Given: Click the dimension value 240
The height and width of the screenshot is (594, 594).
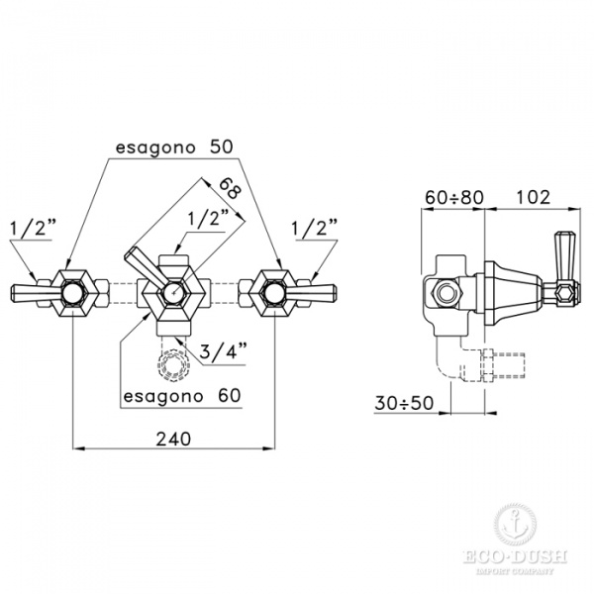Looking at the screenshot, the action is coord(173,439).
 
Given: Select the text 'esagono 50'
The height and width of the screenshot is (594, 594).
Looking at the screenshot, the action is coord(174,148).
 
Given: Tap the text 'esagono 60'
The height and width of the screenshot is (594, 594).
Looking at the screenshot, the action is coord(182,396).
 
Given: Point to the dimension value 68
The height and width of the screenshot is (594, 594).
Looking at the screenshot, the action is coord(230,188).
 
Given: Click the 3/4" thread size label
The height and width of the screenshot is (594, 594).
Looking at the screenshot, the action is coord(224,350).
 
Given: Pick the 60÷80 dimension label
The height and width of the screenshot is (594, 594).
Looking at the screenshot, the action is coord(454,197).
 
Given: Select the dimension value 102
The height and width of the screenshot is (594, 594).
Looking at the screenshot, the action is coord(533,197).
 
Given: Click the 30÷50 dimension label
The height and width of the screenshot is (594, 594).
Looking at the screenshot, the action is coord(404,403).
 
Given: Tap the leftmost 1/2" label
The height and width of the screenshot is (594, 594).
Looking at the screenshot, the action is coord(34,229).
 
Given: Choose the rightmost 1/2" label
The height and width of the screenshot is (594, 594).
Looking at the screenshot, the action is coord(315,229).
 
